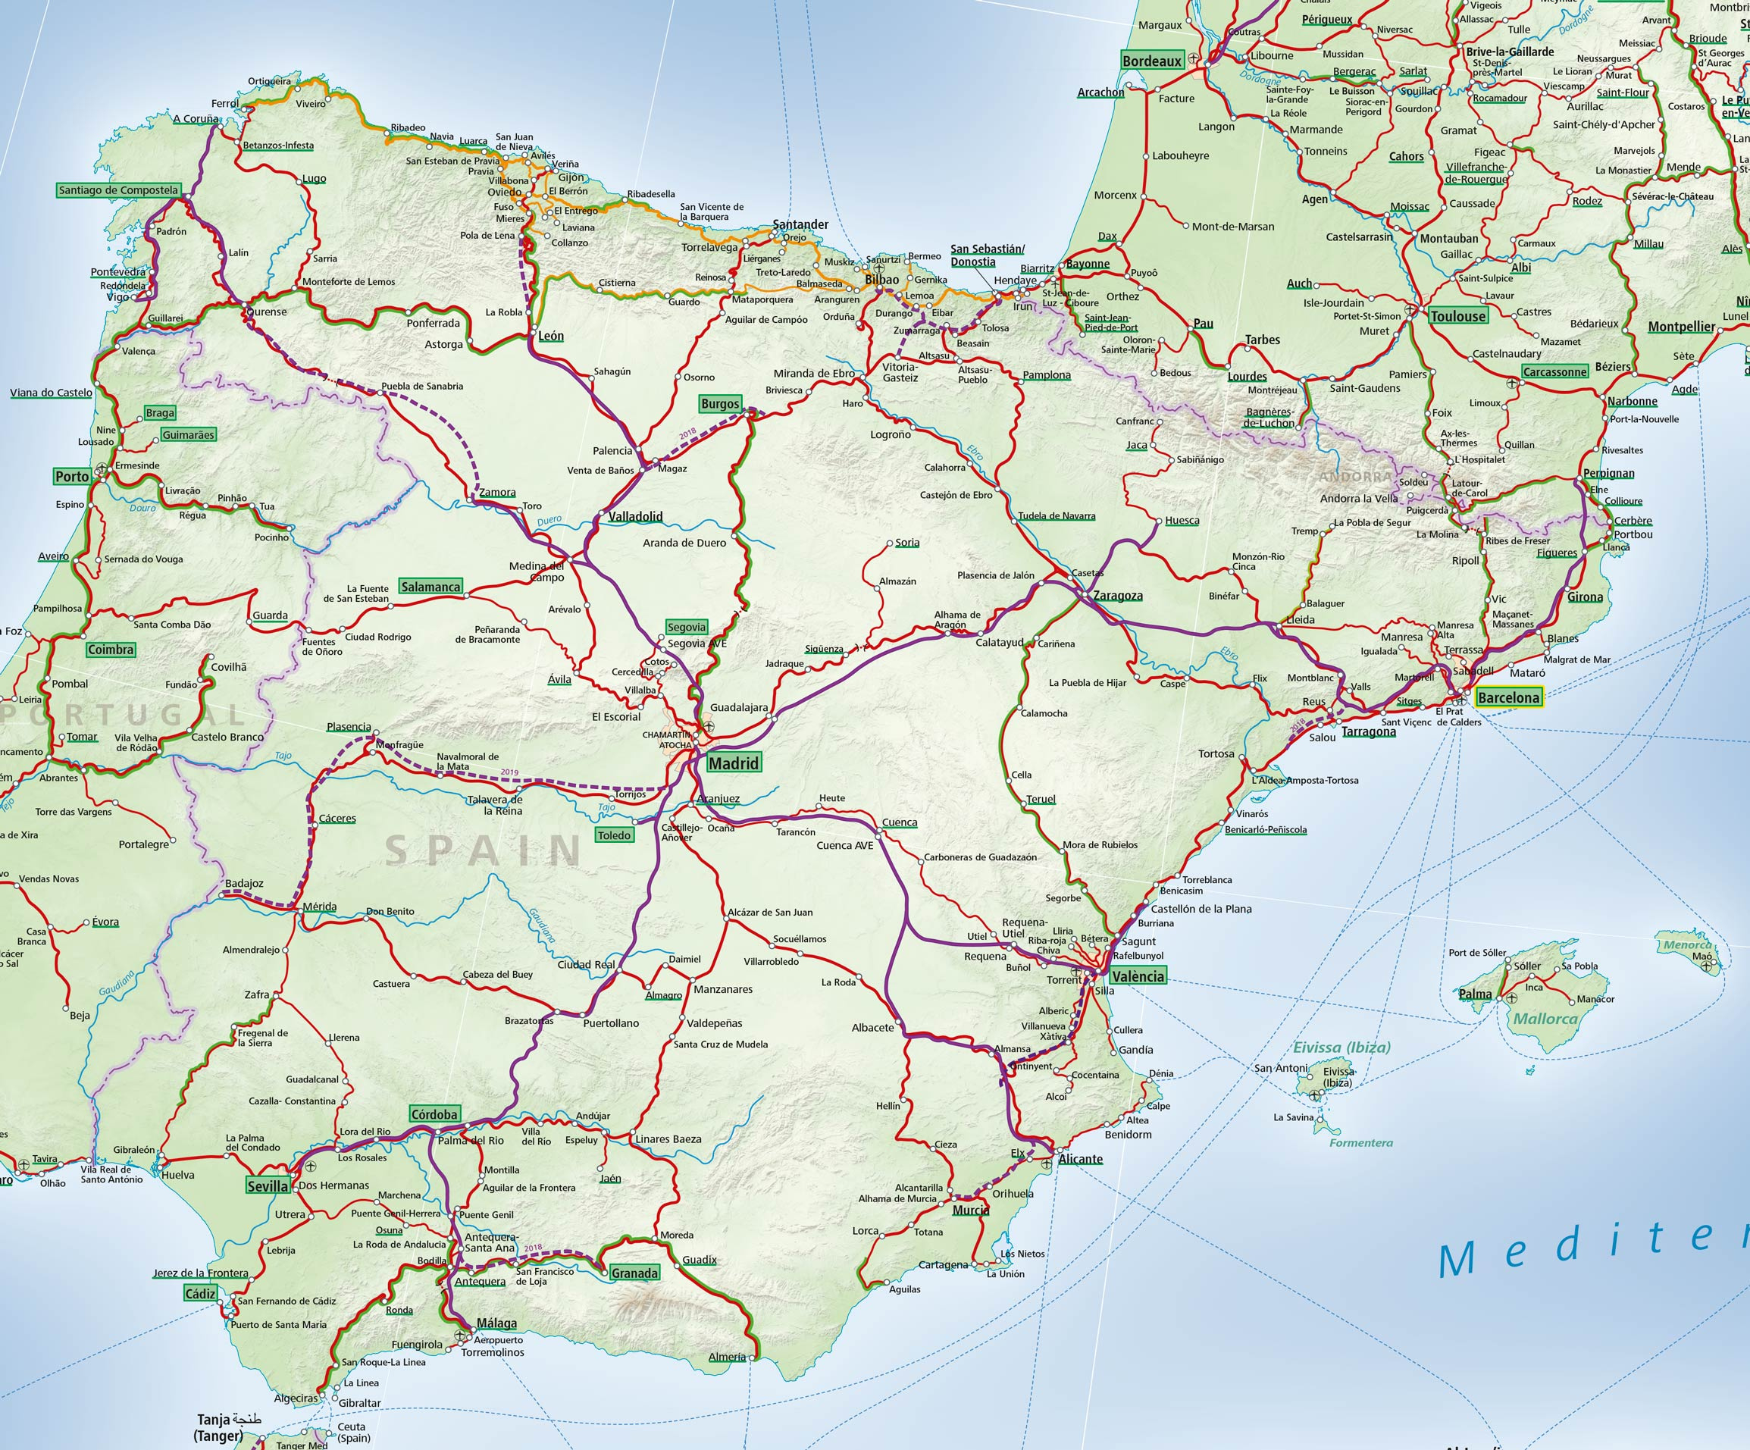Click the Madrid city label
pos(734,763)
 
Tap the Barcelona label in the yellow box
pos(1508,697)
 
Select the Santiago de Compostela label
pos(118,190)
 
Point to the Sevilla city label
pos(267,1185)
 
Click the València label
pos(1138,976)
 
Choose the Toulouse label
pos(1457,316)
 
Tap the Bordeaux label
pos(1152,61)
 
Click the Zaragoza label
pos(1117,596)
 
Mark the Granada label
pos(634,1273)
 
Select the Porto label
pos(72,477)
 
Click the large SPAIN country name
pos(484,850)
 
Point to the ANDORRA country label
pos(1355,478)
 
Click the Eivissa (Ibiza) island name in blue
pos(1341,1048)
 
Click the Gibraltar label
pos(359,1402)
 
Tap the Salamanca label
pos(430,587)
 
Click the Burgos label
pos(720,404)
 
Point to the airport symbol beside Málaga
pos(460,1335)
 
